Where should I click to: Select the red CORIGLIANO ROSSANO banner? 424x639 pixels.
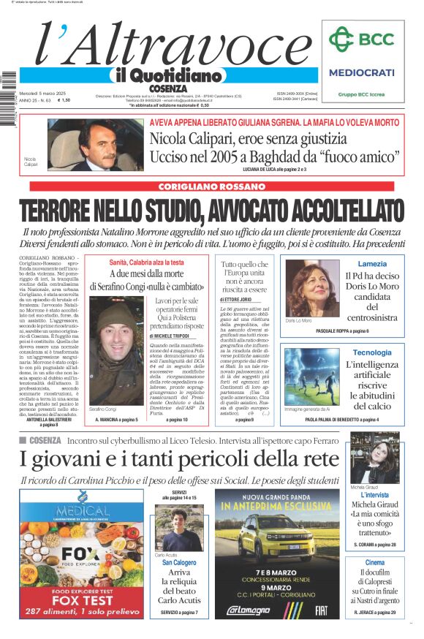click(x=211, y=187)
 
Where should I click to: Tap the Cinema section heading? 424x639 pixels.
click(x=375, y=562)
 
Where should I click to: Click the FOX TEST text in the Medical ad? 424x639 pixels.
click(x=82, y=599)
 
